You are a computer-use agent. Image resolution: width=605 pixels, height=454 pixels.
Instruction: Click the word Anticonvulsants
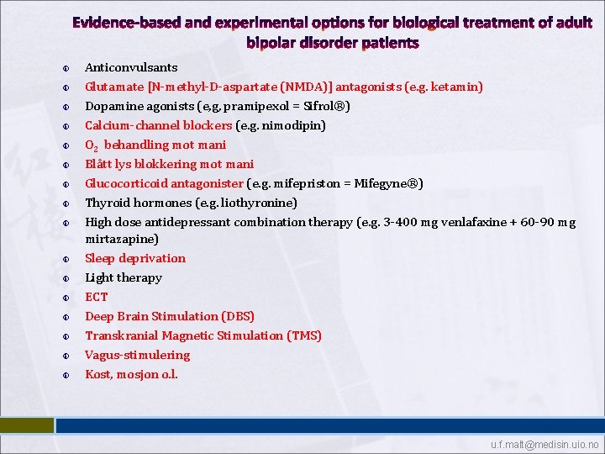click(x=131, y=67)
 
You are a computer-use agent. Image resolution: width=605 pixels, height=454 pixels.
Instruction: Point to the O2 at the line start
click(x=92, y=145)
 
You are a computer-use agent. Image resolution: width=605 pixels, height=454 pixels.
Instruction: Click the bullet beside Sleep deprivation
click(x=66, y=259)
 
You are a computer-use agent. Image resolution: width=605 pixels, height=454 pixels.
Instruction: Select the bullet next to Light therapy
click(x=66, y=278)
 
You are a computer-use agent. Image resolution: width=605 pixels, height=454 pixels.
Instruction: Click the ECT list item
click(x=97, y=297)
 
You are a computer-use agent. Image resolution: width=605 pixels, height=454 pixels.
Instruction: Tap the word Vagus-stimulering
click(x=138, y=355)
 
